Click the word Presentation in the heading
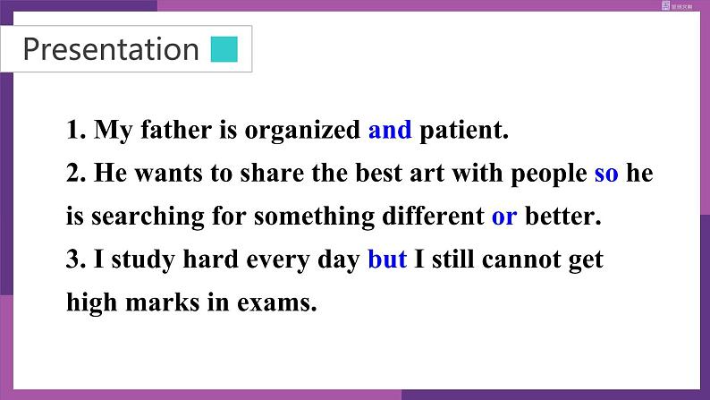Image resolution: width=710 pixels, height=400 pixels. point(111,49)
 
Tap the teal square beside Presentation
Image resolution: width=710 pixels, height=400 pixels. point(224,49)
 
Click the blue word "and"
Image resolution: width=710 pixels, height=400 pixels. point(390,130)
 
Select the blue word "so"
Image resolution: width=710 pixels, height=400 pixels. point(606,174)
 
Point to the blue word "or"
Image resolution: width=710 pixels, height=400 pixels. point(504,217)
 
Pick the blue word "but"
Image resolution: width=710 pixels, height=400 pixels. point(387,260)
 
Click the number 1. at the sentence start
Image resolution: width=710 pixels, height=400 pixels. point(76,130)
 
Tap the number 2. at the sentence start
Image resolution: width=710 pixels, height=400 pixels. point(76,174)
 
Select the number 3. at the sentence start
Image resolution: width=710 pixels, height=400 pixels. point(76,260)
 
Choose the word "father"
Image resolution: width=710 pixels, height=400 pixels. point(176,130)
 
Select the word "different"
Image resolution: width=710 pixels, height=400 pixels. point(433,216)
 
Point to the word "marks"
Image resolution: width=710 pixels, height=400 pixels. point(163,302)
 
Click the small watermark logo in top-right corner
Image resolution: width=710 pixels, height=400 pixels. point(677,6)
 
